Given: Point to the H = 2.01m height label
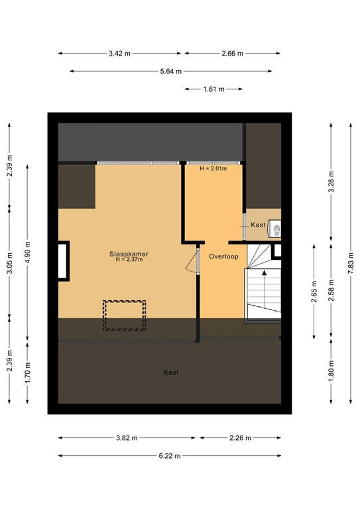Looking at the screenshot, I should click(213, 169).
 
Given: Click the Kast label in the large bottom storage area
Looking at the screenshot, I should click(171, 372).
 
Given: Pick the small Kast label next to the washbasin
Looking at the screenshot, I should click(258, 225).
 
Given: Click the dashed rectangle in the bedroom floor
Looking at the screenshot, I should click(124, 315).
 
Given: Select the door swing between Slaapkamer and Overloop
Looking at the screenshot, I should click(194, 262).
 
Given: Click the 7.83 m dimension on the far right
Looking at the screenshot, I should click(349, 261).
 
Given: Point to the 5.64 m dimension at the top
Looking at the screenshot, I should click(170, 71).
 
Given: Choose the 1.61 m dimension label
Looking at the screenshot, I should click(213, 88).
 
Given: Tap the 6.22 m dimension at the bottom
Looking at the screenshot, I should click(170, 456).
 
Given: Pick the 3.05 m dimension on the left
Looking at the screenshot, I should click(9, 262).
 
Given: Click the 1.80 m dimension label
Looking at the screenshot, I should click(331, 372).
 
